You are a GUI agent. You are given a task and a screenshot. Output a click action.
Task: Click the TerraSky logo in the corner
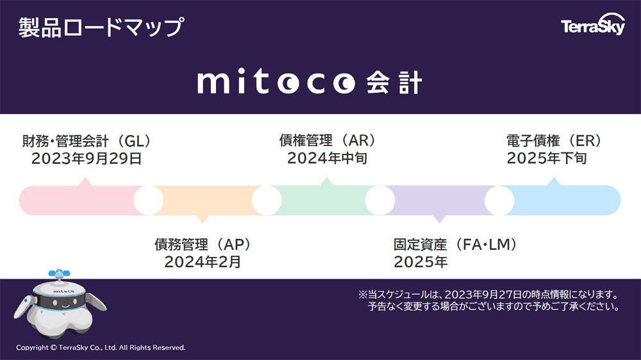[x=593, y=24]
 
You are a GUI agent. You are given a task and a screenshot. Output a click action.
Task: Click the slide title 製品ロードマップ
[x=101, y=28]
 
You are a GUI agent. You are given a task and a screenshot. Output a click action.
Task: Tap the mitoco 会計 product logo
[x=310, y=82]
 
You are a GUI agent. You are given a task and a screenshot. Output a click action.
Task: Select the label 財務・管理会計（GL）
[x=87, y=141]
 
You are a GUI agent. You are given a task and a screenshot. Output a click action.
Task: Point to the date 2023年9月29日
[x=87, y=159]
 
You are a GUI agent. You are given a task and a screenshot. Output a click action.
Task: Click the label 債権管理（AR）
[x=328, y=140]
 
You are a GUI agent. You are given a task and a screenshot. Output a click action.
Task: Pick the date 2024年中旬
[x=327, y=158]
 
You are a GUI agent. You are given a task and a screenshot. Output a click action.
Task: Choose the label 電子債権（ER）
[x=554, y=141]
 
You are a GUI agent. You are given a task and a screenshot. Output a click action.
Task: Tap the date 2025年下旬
[x=547, y=158]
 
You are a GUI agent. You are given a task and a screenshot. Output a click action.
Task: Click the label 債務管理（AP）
[x=203, y=244]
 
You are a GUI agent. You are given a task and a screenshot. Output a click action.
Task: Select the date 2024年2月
[x=203, y=262]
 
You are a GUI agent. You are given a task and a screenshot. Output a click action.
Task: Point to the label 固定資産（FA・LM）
[x=455, y=244]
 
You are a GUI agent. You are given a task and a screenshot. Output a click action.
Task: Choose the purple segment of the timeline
[x=440, y=201]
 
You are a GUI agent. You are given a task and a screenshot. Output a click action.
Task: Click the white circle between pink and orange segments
[x=149, y=200]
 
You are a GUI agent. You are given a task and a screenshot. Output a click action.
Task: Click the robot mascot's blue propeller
[x=59, y=273]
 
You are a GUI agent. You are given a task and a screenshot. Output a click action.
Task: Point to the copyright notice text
[x=101, y=347]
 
